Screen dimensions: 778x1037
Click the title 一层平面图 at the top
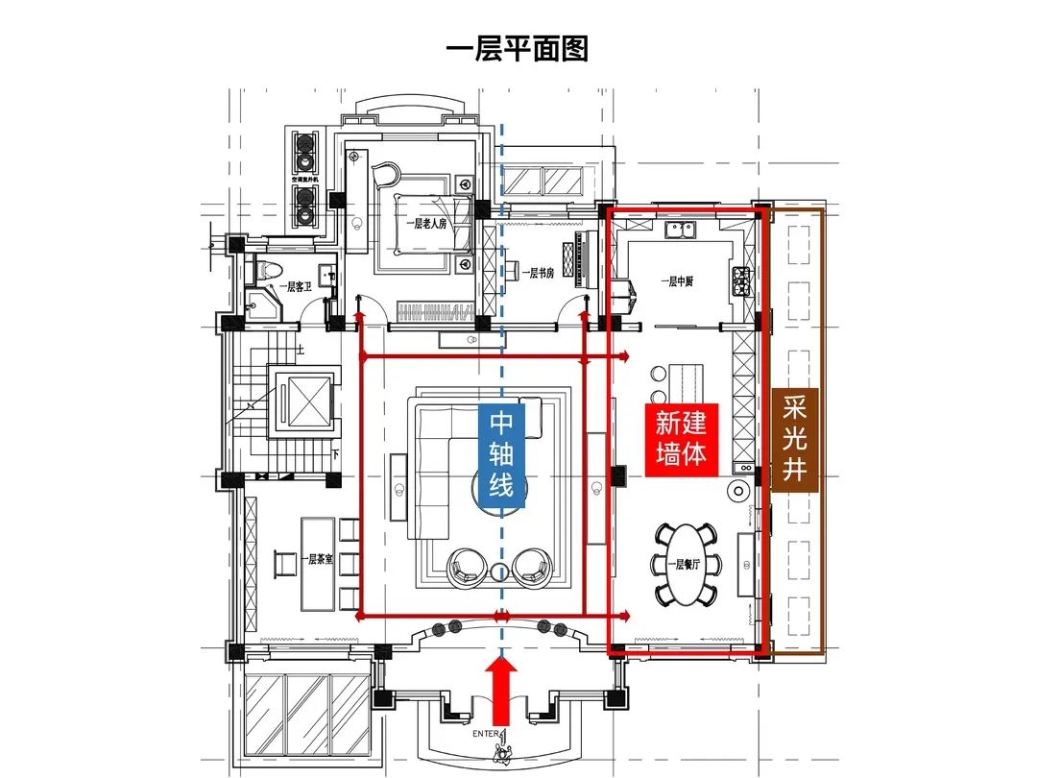518,48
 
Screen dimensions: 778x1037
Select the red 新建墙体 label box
682,437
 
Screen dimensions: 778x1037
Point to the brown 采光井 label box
795,441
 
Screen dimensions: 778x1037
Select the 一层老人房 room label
425,223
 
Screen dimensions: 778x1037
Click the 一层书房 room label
537,273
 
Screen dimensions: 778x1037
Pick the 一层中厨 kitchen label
678,281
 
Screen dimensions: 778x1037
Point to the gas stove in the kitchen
742,280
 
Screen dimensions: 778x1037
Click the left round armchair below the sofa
466,566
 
